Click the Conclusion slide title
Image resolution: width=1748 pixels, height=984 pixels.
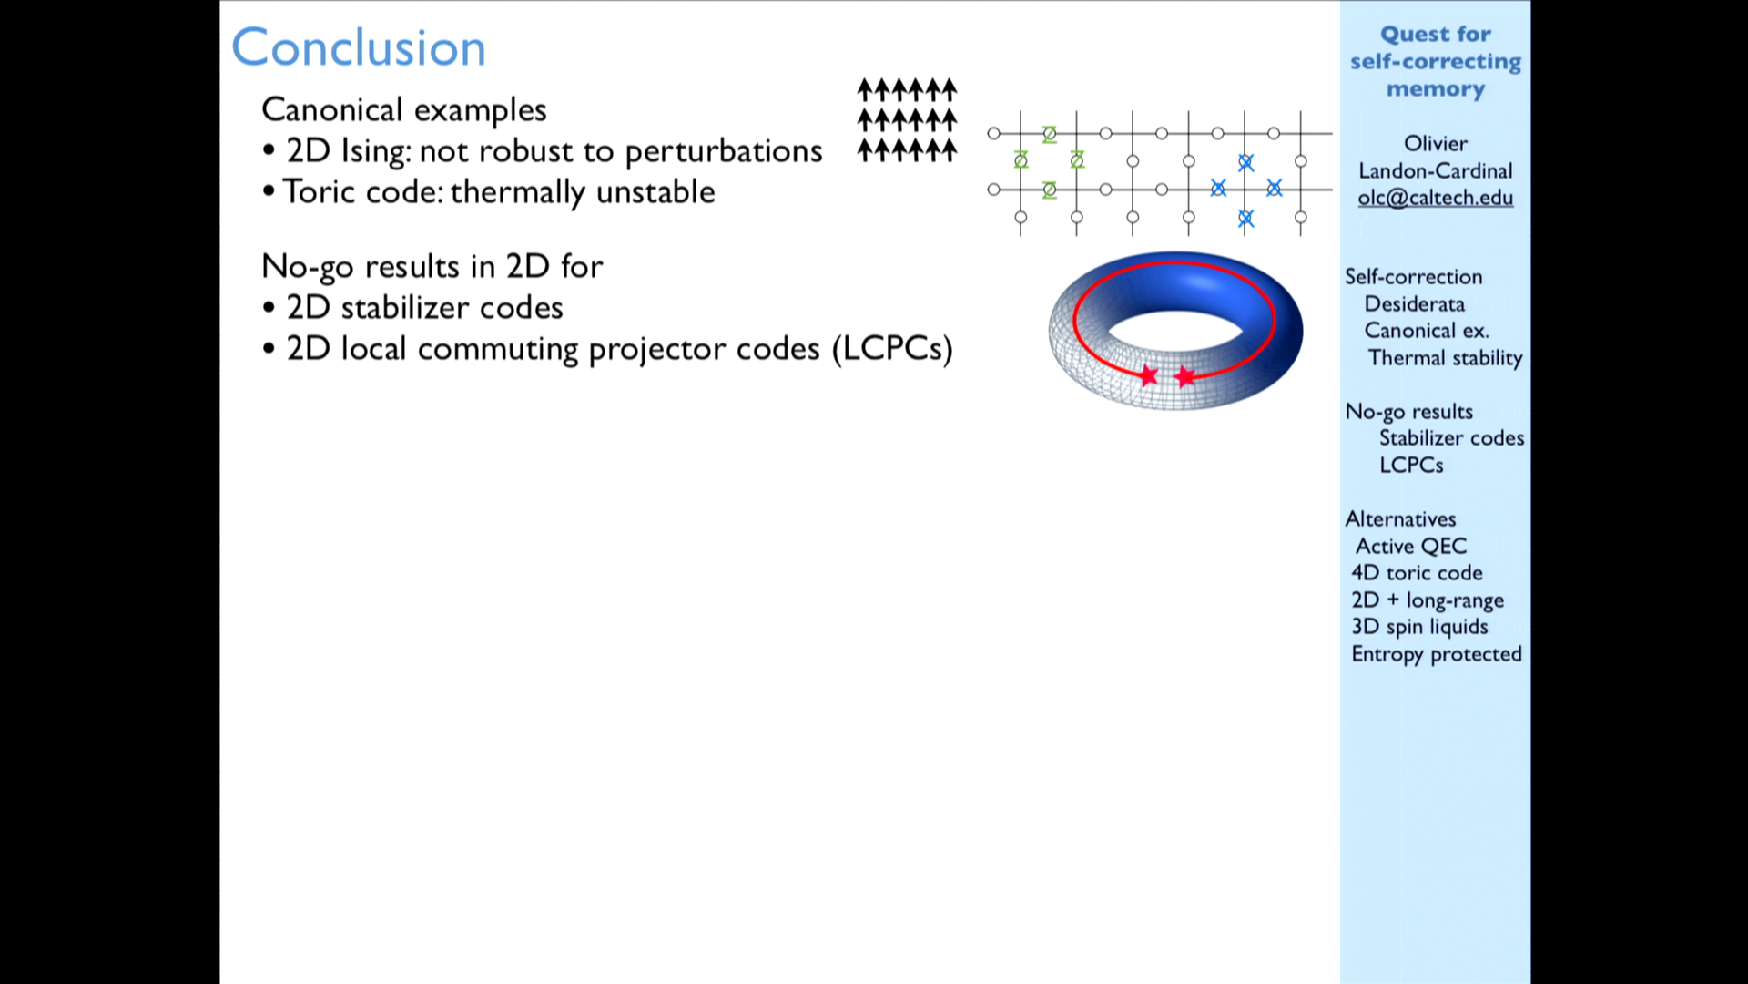[359, 47]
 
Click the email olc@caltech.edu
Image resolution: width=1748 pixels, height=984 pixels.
[1436, 198]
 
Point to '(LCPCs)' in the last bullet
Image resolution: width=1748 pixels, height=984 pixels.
[892, 348]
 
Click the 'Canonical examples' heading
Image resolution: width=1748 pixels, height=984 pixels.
[404, 110]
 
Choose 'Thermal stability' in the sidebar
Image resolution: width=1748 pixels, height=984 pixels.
[1445, 358]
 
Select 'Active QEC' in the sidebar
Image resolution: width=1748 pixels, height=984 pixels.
[1411, 546]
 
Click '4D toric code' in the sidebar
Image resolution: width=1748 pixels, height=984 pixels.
[1417, 572]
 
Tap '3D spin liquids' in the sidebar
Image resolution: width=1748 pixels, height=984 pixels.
[1419, 627]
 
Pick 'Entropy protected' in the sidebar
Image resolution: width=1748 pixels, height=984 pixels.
[1437, 654]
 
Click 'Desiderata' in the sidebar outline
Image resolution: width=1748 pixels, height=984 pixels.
[1415, 303]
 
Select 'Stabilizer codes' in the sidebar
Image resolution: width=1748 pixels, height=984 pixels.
[1451, 438]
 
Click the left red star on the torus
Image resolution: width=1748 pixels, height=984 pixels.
[1149, 375]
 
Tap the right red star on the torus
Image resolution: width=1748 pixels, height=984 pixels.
[1184, 375]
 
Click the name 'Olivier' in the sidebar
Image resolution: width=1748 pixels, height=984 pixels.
[1436, 144]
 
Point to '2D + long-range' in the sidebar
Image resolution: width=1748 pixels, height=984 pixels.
[1428, 600]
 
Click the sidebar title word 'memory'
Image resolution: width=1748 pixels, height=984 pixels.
[1436, 89]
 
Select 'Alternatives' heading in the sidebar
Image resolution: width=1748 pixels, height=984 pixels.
[1400, 519]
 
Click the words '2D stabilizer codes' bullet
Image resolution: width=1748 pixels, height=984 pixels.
[425, 308]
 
